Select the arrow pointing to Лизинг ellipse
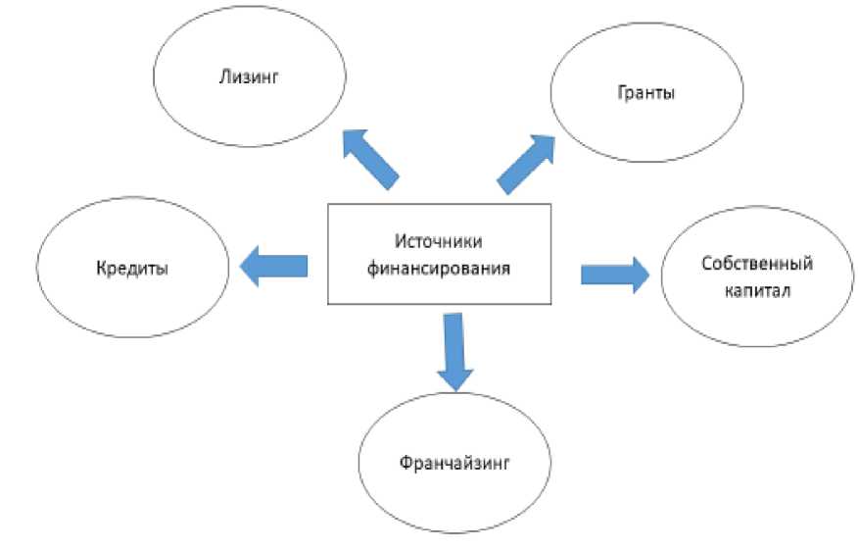point(369,157)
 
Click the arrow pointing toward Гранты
point(528,161)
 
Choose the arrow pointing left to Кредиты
point(273,267)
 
